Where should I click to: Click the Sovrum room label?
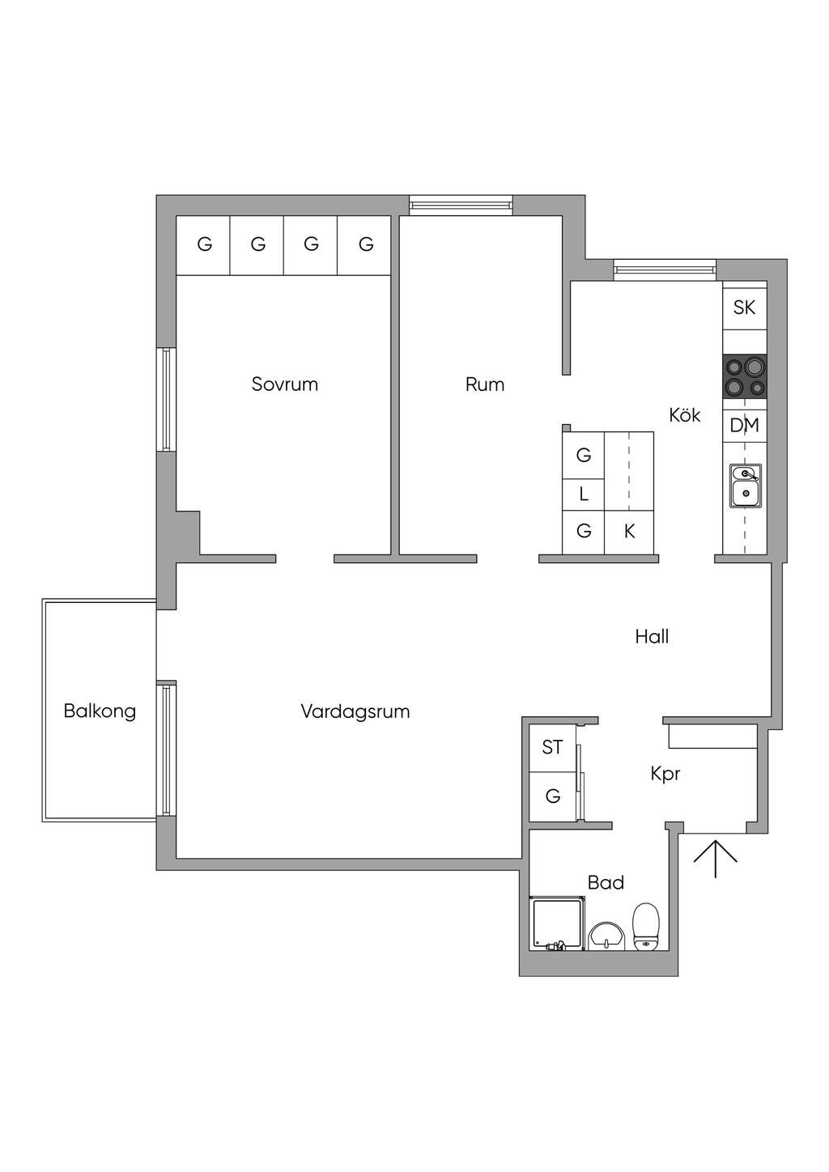(x=285, y=384)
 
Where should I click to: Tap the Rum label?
(x=485, y=384)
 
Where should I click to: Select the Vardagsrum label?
(x=355, y=711)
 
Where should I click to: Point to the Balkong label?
(x=100, y=711)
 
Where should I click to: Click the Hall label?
(x=652, y=637)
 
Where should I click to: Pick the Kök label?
(x=685, y=415)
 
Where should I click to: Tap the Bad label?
(x=606, y=883)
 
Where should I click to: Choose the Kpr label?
(x=665, y=775)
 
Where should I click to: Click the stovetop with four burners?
(x=745, y=376)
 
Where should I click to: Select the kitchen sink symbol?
(x=746, y=486)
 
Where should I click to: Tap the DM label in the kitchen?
(x=745, y=426)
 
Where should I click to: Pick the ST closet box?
(x=553, y=748)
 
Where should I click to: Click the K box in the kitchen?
(x=629, y=532)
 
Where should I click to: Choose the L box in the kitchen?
(x=584, y=495)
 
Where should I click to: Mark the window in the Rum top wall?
(x=461, y=205)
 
